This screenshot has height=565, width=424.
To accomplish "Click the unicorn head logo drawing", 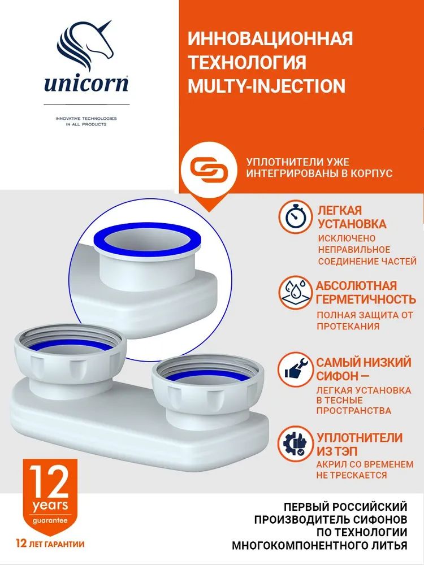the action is point(85,45).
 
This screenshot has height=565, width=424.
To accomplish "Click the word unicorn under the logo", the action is point(86,83).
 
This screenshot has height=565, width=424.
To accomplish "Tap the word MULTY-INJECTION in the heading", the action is point(267,86).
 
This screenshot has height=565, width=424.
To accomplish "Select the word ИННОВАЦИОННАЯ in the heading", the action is point(270,38).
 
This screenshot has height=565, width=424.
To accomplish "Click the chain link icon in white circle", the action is point(209,168).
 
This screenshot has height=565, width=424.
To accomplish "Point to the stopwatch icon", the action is point(295,217).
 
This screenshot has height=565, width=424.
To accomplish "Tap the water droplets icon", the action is point(295,292).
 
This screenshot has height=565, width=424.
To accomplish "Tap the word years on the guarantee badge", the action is point(50,505).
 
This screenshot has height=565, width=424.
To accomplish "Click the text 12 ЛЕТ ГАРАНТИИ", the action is point(50,544).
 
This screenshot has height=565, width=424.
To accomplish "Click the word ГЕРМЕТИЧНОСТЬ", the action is point(366,299).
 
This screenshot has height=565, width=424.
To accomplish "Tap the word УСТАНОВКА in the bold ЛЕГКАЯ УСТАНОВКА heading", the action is point(352,224).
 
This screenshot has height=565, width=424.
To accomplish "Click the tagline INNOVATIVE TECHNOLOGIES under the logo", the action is point(86,118).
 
